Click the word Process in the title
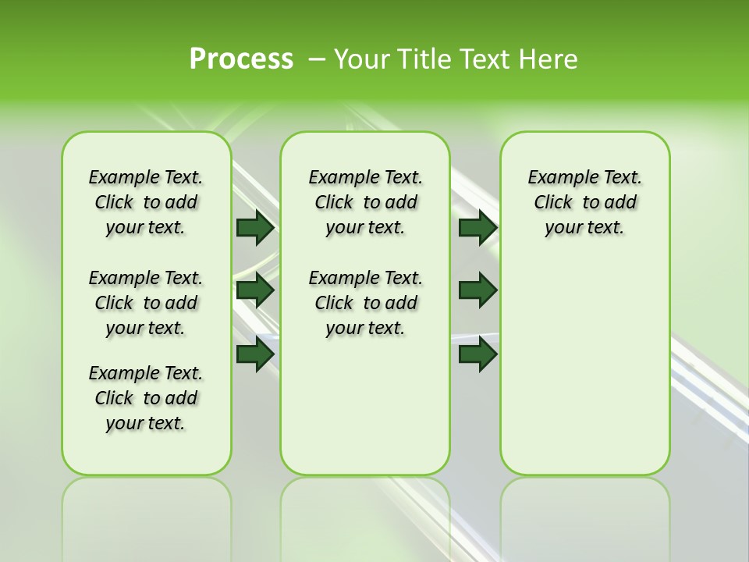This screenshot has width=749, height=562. tap(241, 59)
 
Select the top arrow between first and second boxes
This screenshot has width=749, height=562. tap(255, 227)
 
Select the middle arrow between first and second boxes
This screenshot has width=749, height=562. tap(255, 290)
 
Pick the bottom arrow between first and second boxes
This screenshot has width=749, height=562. tap(255, 354)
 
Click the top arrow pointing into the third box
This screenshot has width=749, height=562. tap(478, 227)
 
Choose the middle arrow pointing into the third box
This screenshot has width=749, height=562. tap(478, 290)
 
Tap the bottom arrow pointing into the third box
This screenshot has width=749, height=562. tap(478, 354)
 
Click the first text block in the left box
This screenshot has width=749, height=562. tap(146, 202)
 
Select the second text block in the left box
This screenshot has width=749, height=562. tap(146, 303)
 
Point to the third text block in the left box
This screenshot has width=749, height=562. tap(146, 398)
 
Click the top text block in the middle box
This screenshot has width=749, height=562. tap(365, 202)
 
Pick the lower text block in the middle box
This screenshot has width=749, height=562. tap(365, 303)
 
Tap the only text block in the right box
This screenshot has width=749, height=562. tap(584, 202)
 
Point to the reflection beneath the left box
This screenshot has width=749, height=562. tap(147, 515)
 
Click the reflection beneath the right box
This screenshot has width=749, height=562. tap(584, 515)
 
